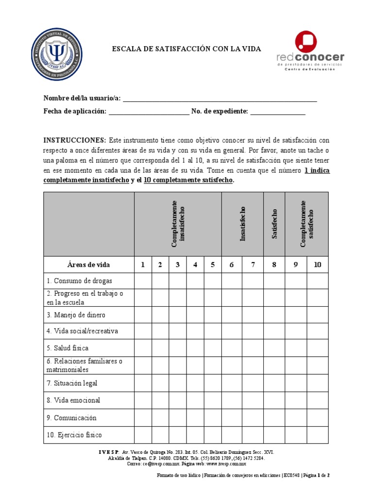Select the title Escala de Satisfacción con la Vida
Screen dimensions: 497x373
(x=186, y=49)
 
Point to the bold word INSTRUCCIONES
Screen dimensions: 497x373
(x=75, y=140)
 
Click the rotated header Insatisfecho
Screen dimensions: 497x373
(x=242, y=224)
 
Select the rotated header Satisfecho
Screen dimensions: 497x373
(x=274, y=224)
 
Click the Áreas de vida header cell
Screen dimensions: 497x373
(x=88, y=265)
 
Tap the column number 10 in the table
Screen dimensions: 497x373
(x=318, y=265)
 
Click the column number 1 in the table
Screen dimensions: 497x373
(x=143, y=265)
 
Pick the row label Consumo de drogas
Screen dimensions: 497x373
(x=80, y=281)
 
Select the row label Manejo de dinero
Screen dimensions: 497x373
(x=76, y=315)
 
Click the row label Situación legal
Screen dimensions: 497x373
(x=72, y=383)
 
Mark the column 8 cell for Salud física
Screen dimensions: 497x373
(x=274, y=348)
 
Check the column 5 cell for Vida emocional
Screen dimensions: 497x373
(x=213, y=400)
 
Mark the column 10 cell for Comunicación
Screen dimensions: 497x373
(x=318, y=418)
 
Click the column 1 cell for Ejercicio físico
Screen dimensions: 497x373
(x=143, y=435)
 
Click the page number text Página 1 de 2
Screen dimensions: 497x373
(x=316, y=475)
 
